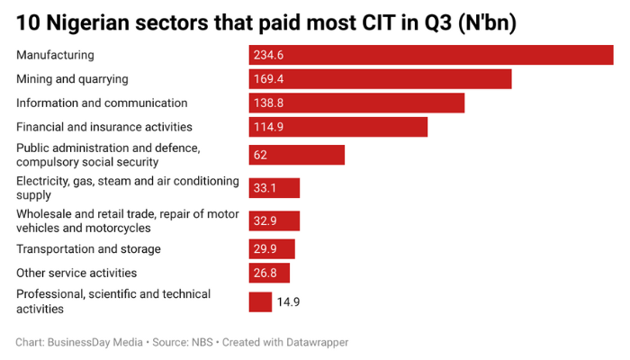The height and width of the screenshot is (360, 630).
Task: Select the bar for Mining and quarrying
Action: [x=380, y=79]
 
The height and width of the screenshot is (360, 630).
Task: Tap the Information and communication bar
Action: [x=356, y=103]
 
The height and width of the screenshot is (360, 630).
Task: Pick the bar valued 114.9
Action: [x=337, y=127]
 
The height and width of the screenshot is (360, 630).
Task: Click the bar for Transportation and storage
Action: [x=272, y=249]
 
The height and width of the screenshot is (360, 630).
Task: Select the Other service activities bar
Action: [x=269, y=273]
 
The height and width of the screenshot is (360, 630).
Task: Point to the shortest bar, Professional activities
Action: [x=260, y=301]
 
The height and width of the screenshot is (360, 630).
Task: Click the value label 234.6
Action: [x=268, y=56]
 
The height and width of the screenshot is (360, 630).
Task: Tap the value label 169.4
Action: [x=268, y=79]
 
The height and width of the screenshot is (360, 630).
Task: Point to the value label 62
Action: [x=260, y=155]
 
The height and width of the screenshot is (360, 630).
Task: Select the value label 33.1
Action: [x=265, y=188]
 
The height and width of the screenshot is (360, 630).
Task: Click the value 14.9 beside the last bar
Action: [x=288, y=302]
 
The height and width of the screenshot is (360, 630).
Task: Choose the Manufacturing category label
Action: [x=55, y=56]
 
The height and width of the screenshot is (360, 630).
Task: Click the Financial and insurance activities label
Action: [x=104, y=127]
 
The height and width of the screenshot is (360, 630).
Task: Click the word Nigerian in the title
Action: [x=98, y=22]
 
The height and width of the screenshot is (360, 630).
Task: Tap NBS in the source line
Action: [x=202, y=343]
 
